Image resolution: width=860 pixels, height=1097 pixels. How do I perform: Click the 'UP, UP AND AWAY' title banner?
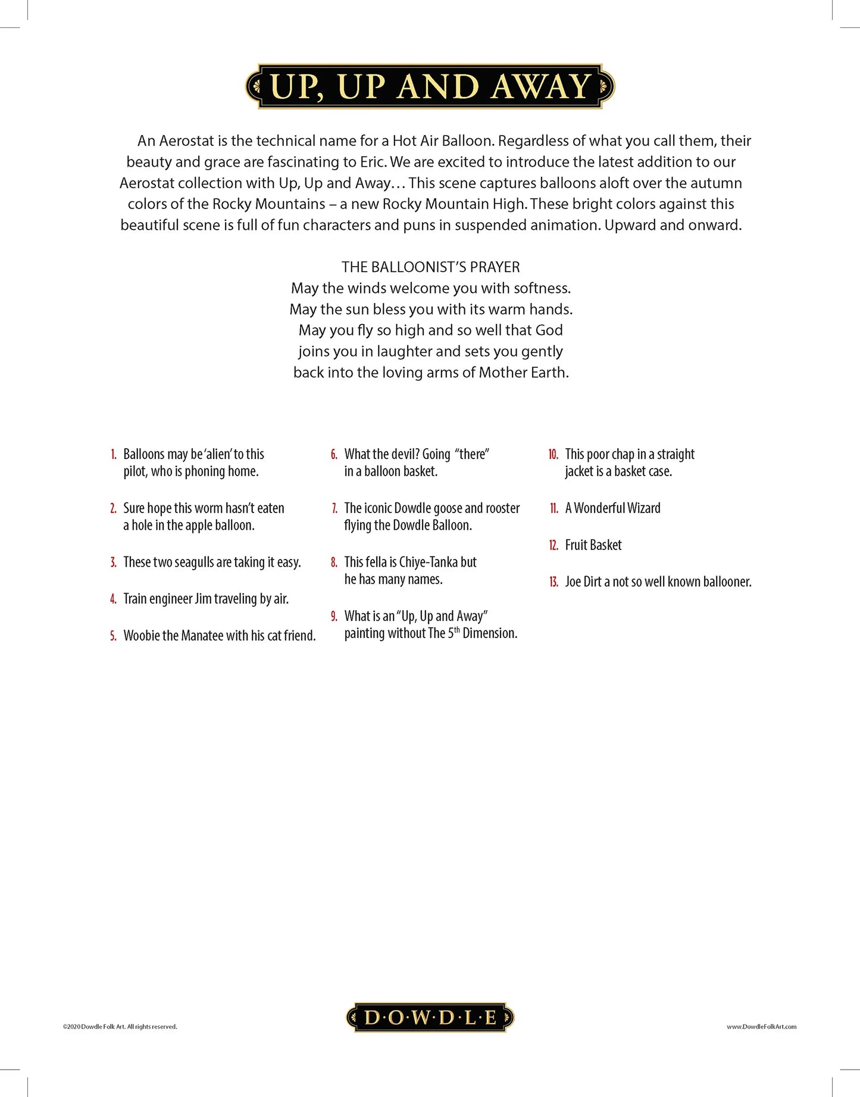(x=430, y=86)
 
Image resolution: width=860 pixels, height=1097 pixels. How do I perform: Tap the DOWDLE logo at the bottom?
(x=430, y=1017)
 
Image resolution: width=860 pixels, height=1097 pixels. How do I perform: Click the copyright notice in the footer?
(x=120, y=1026)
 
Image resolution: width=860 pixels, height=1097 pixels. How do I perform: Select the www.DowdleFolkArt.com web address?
(x=761, y=1026)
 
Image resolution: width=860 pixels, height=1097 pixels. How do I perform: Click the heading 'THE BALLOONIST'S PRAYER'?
(x=430, y=267)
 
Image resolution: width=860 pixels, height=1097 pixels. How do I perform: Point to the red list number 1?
(x=114, y=455)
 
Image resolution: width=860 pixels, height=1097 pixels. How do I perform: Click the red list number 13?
(x=553, y=582)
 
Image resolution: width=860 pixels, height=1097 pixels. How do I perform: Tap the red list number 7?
(x=334, y=508)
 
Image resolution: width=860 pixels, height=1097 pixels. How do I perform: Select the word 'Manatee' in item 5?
(x=202, y=636)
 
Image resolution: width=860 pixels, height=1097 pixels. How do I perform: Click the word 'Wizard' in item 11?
(x=640, y=508)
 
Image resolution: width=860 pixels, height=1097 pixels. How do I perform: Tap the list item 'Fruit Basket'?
(x=593, y=545)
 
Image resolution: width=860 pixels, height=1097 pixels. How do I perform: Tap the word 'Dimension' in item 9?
(x=489, y=633)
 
